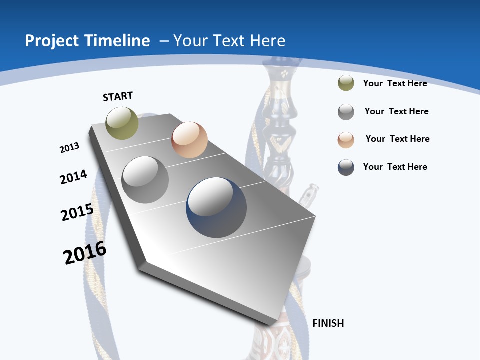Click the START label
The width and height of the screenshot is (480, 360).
(x=118, y=96)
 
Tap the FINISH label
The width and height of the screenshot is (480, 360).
(x=328, y=323)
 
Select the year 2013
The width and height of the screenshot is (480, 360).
(x=69, y=148)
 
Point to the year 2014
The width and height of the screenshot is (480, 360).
(x=73, y=177)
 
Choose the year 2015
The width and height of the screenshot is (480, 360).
(x=77, y=212)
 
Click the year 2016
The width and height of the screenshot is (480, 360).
(x=85, y=253)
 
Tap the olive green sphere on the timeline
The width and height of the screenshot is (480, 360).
(x=122, y=123)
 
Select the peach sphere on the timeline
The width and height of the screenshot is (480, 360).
(x=189, y=140)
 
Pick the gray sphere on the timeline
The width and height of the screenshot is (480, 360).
(x=145, y=180)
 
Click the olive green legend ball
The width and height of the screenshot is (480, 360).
(x=346, y=83)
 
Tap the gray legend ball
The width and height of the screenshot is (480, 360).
(x=346, y=112)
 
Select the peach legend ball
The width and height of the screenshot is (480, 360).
(x=346, y=139)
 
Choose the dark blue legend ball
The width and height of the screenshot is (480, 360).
(x=346, y=167)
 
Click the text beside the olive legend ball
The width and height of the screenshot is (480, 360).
(x=395, y=83)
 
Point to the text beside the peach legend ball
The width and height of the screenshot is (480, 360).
(x=397, y=139)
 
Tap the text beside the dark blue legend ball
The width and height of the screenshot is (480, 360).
(x=395, y=167)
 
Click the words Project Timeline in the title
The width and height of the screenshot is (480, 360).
(x=87, y=41)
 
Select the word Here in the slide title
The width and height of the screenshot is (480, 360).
(x=267, y=41)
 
